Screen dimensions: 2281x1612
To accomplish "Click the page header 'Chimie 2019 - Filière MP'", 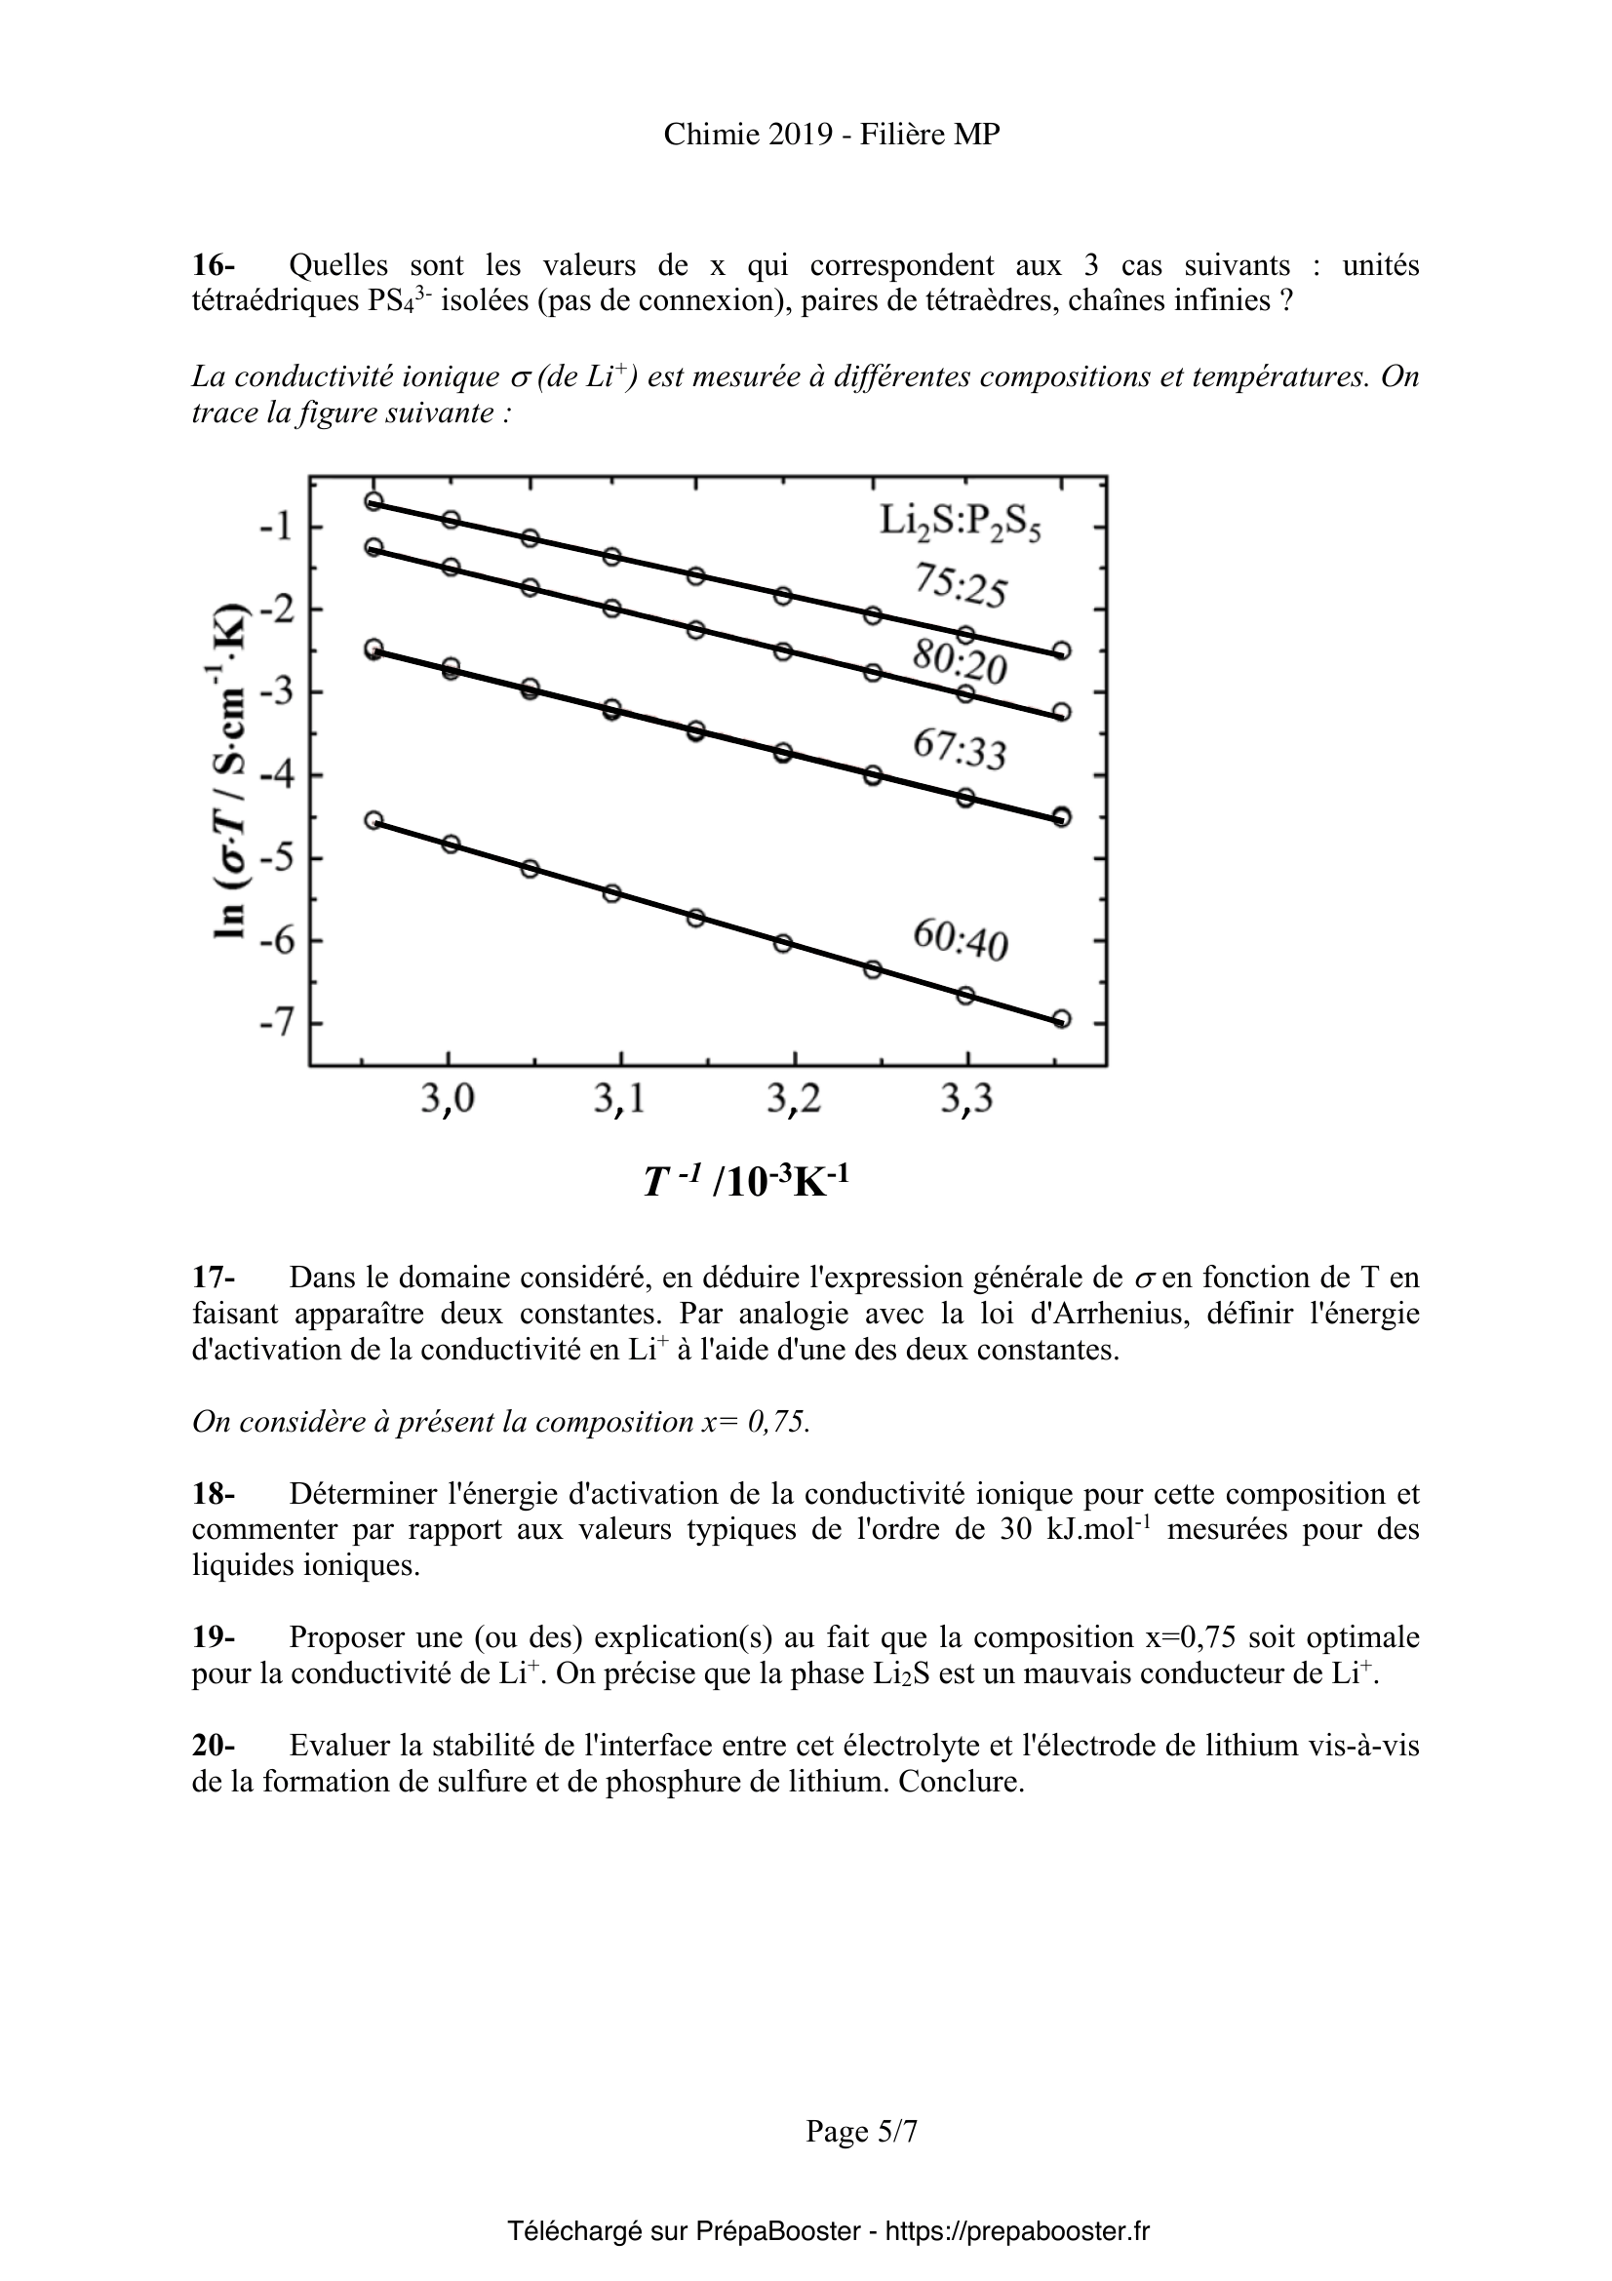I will pyautogui.click(x=831, y=136).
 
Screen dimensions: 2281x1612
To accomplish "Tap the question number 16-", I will pyautogui.click(x=214, y=265).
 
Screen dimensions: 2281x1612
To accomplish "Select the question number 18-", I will pyautogui.click(x=214, y=1493).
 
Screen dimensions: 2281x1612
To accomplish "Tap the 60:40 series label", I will pyautogui.click(x=960, y=939).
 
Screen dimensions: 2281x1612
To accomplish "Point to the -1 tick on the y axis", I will pyautogui.click(x=275, y=526).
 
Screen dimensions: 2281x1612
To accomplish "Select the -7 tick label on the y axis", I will pyautogui.click(x=275, y=1021).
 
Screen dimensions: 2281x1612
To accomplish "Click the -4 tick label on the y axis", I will pyautogui.click(x=275, y=774).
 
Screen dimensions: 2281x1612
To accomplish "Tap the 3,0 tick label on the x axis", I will pyautogui.click(x=448, y=1101).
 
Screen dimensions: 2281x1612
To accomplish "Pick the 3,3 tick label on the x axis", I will pyautogui.click(x=967, y=1101).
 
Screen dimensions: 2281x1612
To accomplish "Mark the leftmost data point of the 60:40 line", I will pyautogui.click(x=374, y=819).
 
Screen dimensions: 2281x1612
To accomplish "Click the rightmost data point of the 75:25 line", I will pyautogui.click(x=1061, y=650).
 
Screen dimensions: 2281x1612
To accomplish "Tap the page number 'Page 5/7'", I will pyautogui.click(x=861, y=2131).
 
